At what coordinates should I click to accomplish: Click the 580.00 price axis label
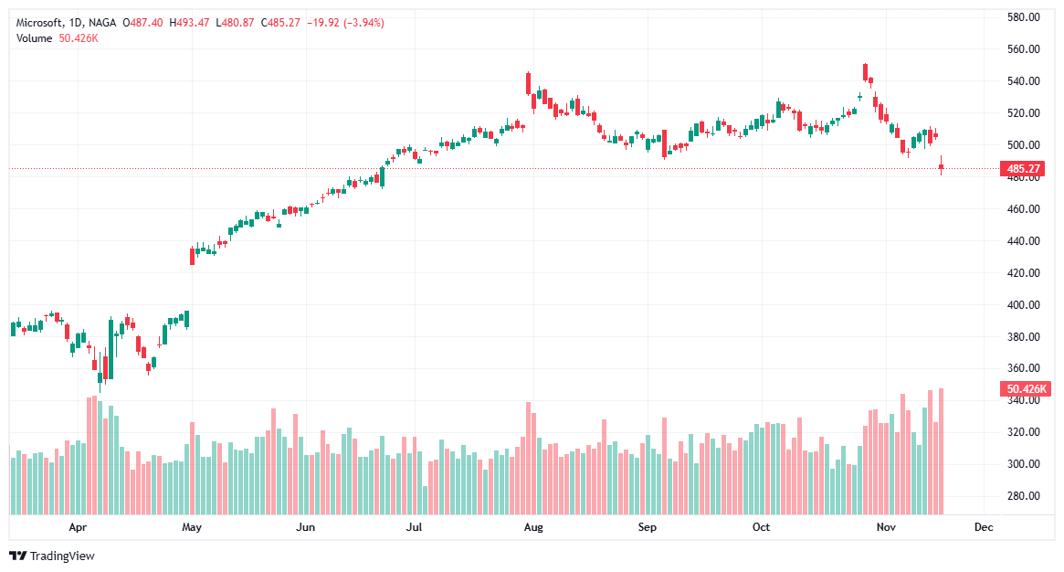1025,17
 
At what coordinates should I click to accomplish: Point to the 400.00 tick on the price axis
1025,305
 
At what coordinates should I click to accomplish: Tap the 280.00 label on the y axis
1025,496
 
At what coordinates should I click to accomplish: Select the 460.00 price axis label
1025,209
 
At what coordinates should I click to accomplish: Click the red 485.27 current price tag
1025,169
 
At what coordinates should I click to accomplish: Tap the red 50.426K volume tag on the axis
1027,389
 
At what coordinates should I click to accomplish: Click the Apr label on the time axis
78,527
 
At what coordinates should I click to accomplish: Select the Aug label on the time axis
533,527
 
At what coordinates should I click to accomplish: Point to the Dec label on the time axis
984,527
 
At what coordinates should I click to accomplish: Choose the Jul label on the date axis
415,527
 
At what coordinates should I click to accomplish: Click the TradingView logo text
62,556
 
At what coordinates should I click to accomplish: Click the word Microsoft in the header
39,22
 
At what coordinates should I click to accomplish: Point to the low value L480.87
236,22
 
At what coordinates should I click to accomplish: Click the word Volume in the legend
34,37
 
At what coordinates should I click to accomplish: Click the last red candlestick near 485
942,166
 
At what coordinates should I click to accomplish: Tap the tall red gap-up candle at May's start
192,256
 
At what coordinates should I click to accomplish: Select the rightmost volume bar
942,451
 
